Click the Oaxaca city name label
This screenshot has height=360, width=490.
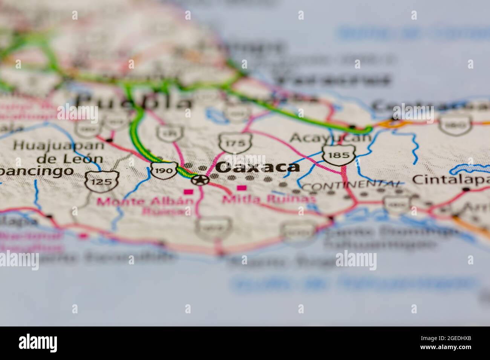[258, 167]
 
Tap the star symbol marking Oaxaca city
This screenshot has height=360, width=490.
[199, 180]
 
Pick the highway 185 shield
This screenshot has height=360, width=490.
[339, 154]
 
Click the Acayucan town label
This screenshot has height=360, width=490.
[330, 138]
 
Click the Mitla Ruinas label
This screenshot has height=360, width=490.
[268, 199]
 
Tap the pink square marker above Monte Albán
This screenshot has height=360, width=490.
[188, 192]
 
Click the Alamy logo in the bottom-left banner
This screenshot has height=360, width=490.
[38, 343]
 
